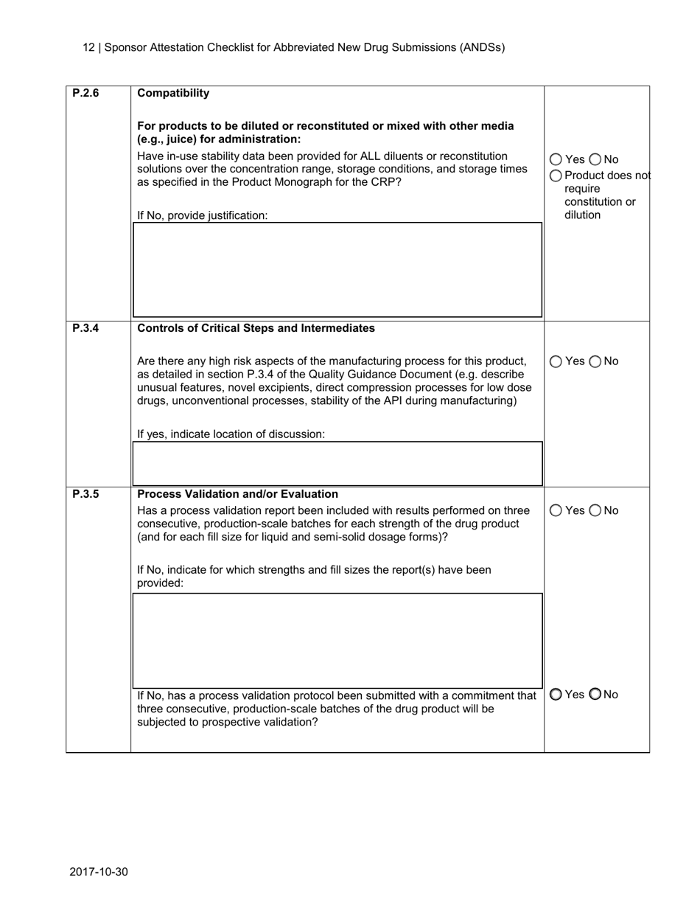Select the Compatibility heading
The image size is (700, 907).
tap(173, 93)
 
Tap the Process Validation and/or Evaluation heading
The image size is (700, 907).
tap(237, 494)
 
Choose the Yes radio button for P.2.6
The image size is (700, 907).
tap(556, 160)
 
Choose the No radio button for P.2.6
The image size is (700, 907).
tap(595, 160)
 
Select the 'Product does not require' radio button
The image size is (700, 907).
tap(556, 176)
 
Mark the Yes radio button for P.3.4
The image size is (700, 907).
tap(556, 361)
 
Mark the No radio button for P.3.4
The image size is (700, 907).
tap(595, 361)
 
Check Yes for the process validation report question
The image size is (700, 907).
tap(556, 510)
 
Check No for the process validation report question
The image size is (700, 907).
tap(595, 510)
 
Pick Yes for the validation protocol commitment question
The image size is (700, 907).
tap(556, 694)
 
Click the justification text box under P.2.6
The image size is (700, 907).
tap(337, 270)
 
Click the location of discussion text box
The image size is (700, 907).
tap(337, 463)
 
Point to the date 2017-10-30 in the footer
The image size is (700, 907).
tap(99, 872)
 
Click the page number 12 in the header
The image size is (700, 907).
tap(88, 47)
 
